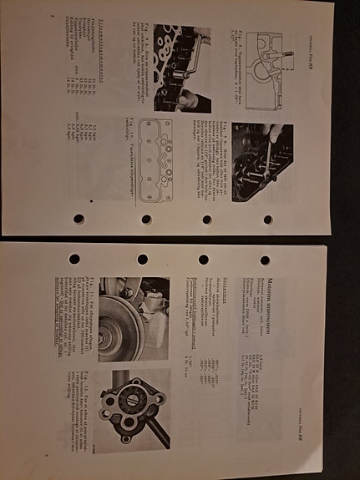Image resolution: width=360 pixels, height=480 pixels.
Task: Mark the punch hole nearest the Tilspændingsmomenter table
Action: click(x=79, y=219)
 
